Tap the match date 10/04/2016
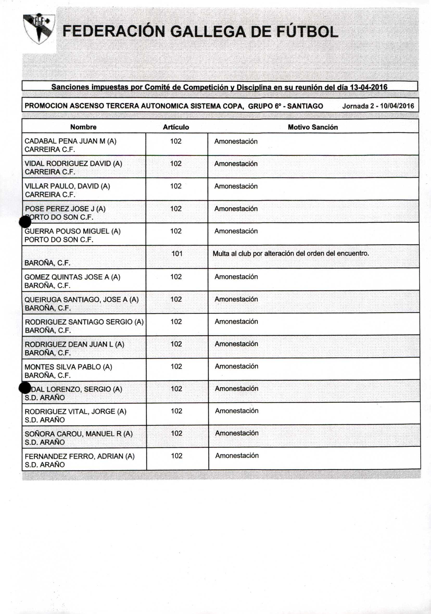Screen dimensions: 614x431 (x=397, y=106)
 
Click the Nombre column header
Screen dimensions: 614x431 (x=84, y=127)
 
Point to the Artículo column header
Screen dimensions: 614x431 (x=176, y=127)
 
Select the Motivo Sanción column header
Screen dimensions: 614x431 (x=313, y=127)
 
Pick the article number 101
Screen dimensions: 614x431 (x=177, y=254)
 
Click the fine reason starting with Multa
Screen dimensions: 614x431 (x=291, y=254)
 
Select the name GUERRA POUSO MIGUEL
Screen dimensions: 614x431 (x=72, y=231)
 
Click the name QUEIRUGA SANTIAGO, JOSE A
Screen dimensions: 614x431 (x=81, y=300)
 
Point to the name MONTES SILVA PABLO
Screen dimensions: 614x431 (x=68, y=367)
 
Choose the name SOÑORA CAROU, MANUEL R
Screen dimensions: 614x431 (x=79, y=434)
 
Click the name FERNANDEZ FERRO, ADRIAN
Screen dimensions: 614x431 (x=80, y=456)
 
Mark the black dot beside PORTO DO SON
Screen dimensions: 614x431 (x=25, y=222)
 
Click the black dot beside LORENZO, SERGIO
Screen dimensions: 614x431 (x=25, y=388)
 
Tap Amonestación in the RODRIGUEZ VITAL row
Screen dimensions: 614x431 (x=237, y=411)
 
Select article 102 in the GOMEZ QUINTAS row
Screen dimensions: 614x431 (x=176, y=277)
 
